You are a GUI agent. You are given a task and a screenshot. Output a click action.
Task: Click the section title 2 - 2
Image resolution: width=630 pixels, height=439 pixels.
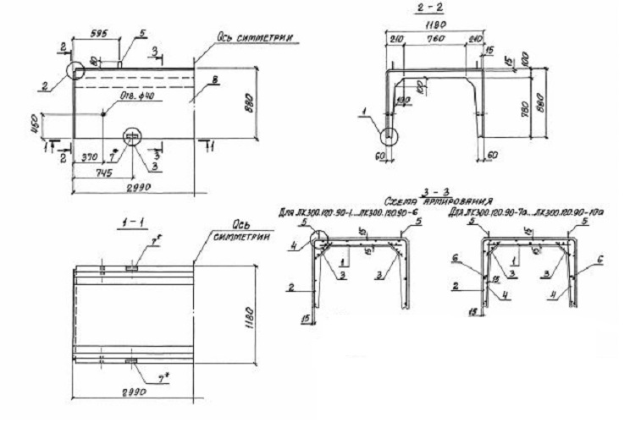pyautogui.click(x=441, y=8)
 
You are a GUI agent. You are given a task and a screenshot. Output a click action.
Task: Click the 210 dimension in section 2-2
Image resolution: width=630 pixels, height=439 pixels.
pyautogui.click(x=395, y=40)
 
